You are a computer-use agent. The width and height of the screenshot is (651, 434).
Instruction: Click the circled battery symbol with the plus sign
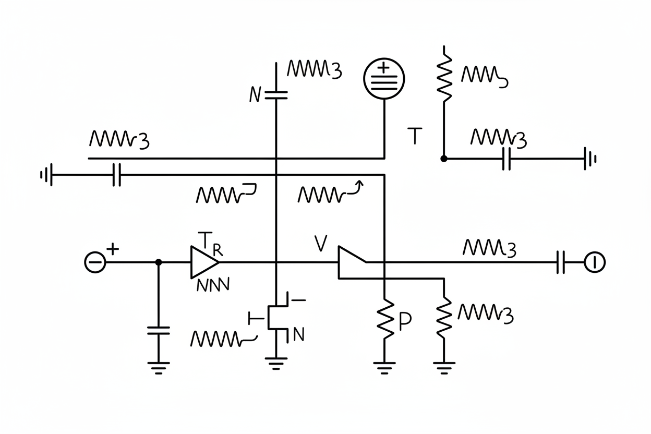coord(384,78)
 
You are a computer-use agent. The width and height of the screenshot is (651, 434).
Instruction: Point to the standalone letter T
coord(414,136)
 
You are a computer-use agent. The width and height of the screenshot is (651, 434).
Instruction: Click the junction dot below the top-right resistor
coord(443,158)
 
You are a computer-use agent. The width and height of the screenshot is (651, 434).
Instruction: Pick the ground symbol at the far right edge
coord(590,159)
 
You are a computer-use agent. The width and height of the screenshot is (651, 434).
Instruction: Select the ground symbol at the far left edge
coord(46,175)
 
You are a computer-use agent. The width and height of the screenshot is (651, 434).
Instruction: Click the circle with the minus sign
coord(94,262)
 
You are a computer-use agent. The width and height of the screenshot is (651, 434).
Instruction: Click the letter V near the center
coord(320,244)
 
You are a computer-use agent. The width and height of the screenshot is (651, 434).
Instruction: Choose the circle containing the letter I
coord(594,262)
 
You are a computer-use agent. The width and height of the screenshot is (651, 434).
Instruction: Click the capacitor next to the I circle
coord(561,262)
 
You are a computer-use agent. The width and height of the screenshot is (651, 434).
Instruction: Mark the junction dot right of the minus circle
coord(159,262)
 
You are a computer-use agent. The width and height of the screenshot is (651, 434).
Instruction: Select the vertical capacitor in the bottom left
coord(159,330)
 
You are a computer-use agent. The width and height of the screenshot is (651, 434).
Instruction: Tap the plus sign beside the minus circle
coord(113,249)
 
